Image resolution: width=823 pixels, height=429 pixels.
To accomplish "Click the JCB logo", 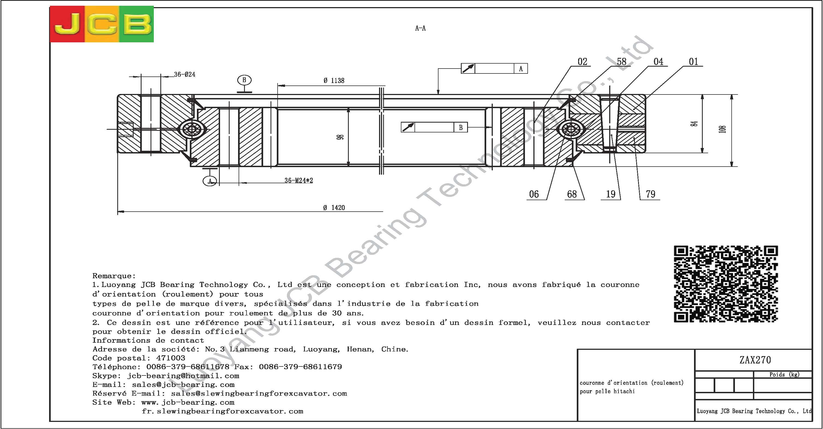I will [102, 24].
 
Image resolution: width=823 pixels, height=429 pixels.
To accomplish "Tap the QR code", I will [726, 284].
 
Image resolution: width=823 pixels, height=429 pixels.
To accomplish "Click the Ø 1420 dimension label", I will [334, 208].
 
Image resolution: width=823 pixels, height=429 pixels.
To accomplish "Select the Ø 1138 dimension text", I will [334, 81].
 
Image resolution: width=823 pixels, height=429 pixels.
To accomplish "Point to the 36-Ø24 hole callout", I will [185, 75].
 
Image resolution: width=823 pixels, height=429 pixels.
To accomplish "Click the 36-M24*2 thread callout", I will [299, 181].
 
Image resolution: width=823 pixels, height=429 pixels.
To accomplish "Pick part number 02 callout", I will [582, 61].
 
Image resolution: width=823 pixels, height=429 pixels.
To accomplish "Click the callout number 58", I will [621, 61].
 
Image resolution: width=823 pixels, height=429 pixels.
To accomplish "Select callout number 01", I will [693, 61].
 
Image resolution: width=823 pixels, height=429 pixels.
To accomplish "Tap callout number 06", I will [534, 194].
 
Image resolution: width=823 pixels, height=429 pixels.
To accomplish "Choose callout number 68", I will [572, 194].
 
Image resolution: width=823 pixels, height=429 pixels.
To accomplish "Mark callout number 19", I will [611, 194].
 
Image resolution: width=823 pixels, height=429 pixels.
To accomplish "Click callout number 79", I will [650, 194].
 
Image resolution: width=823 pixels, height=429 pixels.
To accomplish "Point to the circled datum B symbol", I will [244, 80].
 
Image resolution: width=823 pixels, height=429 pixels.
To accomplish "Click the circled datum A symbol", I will [210, 181].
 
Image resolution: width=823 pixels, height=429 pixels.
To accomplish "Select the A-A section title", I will [420, 28].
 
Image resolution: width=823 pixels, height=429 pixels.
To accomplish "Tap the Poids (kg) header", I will [784, 375].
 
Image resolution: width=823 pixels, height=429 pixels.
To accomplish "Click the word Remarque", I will [114, 276].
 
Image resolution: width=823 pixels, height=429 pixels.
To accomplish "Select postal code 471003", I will [170, 358].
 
